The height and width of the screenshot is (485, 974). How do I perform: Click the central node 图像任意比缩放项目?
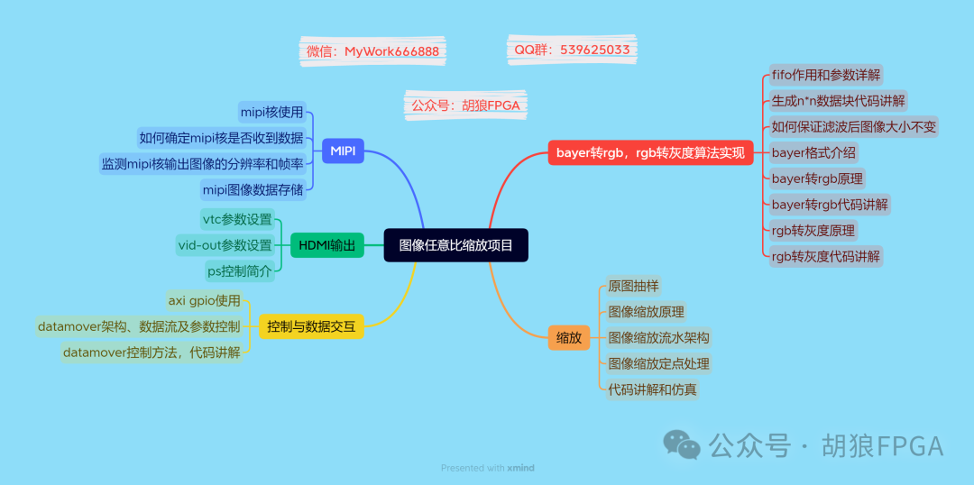click(x=455, y=245)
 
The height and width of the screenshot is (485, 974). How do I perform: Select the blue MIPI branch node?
click(x=343, y=151)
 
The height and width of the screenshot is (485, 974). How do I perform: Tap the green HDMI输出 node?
click(x=326, y=245)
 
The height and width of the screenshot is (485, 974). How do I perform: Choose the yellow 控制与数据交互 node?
click(x=311, y=325)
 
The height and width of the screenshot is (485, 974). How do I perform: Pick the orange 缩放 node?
click(x=568, y=338)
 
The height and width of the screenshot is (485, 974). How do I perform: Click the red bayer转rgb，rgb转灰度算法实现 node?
click(x=650, y=153)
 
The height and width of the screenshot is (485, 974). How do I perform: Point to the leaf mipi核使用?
click(x=271, y=113)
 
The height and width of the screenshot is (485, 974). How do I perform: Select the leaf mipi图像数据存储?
click(x=253, y=189)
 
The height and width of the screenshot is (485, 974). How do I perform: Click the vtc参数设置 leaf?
click(x=236, y=219)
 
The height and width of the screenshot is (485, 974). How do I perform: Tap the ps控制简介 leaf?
click(x=239, y=270)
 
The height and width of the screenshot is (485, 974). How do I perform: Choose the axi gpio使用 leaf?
click(x=205, y=300)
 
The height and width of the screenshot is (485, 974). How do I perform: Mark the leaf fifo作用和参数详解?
click(x=826, y=75)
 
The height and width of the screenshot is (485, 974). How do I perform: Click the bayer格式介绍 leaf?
click(x=813, y=152)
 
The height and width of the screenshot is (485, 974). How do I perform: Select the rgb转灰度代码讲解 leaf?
click(x=825, y=256)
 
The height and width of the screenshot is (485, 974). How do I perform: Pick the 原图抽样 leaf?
click(x=633, y=286)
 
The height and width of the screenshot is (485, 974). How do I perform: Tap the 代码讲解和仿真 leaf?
click(x=652, y=389)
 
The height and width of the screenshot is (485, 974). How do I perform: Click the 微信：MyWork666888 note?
click(x=372, y=51)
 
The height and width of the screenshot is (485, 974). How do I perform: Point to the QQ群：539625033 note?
click(x=572, y=50)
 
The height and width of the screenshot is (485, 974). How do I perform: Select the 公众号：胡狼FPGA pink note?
click(x=465, y=105)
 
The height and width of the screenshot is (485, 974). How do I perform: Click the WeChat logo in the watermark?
click(x=682, y=444)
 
